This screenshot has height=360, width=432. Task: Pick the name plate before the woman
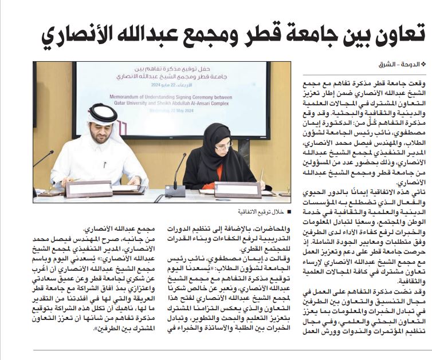(229, 189)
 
